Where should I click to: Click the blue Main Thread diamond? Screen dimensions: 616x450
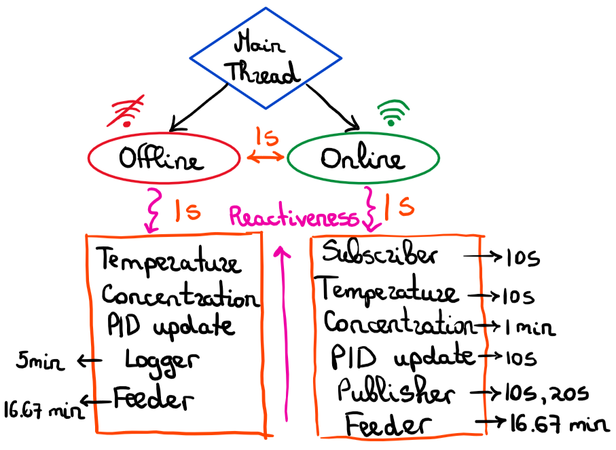tap(265, 58)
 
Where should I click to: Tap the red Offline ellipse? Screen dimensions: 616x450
tap(163, 160)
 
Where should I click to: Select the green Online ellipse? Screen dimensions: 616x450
tap(363, 160)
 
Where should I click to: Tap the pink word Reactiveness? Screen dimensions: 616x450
tap(293, 217)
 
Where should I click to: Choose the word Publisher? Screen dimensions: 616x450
tap(395, 392)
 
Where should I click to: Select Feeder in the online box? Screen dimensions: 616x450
tap(388, 426)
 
